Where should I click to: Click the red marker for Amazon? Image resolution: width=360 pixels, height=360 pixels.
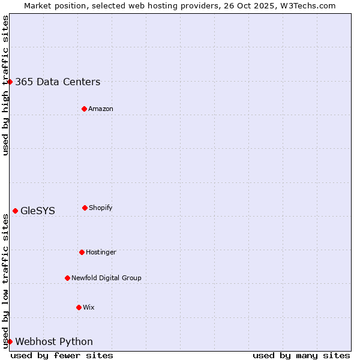84,109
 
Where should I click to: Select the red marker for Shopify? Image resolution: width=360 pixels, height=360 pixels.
85,208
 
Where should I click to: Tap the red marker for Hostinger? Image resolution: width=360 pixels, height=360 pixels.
82,252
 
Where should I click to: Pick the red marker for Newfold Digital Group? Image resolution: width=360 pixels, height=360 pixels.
67,278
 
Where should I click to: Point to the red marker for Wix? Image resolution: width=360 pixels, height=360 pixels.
79,307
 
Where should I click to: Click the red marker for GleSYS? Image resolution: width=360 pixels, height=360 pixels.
15,211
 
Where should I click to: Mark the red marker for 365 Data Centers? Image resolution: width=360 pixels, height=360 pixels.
10,82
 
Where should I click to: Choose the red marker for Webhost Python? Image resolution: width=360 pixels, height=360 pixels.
10,341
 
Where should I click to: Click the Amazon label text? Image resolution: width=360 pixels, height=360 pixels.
101,109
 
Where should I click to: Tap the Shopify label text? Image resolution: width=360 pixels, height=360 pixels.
101,208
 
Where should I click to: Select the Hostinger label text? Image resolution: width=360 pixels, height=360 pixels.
101,252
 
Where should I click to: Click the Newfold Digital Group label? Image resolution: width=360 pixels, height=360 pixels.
106,278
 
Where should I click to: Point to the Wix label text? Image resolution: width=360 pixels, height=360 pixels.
89,307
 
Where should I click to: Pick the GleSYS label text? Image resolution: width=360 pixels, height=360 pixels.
38,211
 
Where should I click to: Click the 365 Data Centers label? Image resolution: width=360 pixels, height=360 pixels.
58,82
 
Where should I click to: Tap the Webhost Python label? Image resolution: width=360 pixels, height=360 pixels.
54,341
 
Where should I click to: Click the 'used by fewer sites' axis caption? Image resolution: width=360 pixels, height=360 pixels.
62,355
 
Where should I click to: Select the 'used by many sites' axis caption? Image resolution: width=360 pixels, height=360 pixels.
301,355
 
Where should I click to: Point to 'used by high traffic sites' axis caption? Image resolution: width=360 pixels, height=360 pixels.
5,85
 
